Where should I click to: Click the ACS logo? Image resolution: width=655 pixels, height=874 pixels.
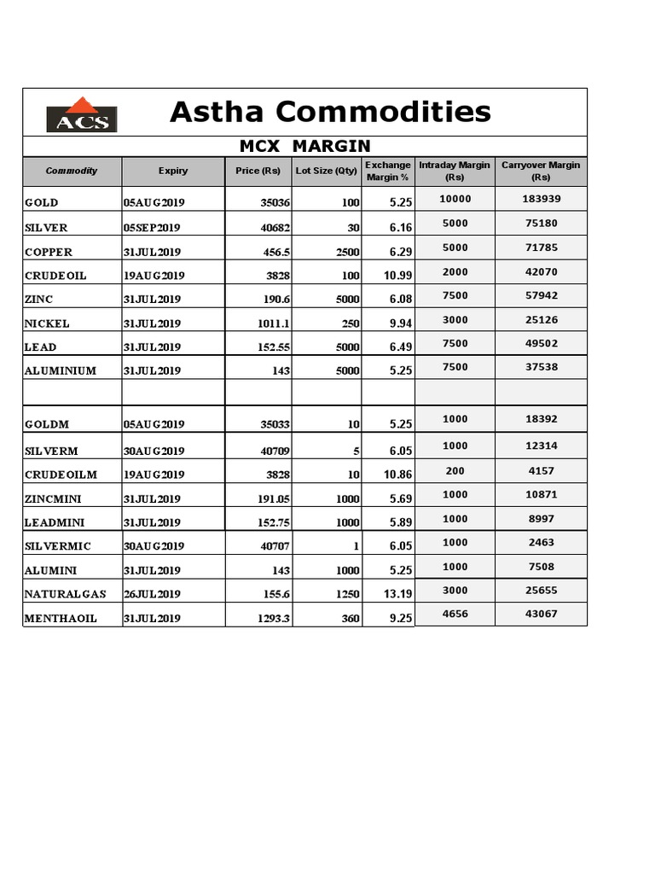[x=81, y=114]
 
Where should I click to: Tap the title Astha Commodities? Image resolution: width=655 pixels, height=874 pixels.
[x=330, y=112]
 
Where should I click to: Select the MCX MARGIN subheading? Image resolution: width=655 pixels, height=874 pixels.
[x=304, y=146]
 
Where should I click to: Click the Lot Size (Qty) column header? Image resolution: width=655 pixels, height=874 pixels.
[x=326, y=171]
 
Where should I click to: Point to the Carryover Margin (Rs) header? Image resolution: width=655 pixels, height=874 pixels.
[x=541, y=171]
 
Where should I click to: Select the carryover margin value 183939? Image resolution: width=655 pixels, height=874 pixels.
[x=541, y=199]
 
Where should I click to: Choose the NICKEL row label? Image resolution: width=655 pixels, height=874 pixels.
[x=48, y=323]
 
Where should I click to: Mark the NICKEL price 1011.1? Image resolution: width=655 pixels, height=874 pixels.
[x=264, y=323]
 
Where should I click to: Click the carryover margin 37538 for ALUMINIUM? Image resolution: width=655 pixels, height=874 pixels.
[x=541, y=366]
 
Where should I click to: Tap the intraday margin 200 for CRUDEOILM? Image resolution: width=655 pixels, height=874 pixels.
[x=455, y=470]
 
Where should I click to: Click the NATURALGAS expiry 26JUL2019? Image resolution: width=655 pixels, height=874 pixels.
[x=152, y=594]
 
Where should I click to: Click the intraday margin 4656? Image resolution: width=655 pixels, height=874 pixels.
[x=455, y=614]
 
